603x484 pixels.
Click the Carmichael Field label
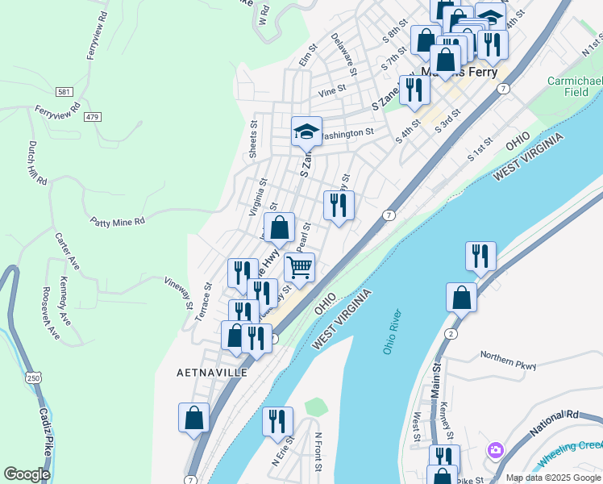575,87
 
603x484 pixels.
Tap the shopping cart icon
299,267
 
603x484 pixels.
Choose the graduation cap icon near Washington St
306,131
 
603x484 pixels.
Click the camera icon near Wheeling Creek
495,449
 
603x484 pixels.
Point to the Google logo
27,474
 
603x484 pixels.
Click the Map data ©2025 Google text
552,478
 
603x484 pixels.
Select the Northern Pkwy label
508,361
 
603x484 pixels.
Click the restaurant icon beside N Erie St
277,421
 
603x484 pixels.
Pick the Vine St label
331,91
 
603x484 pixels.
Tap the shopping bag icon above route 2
462,297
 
